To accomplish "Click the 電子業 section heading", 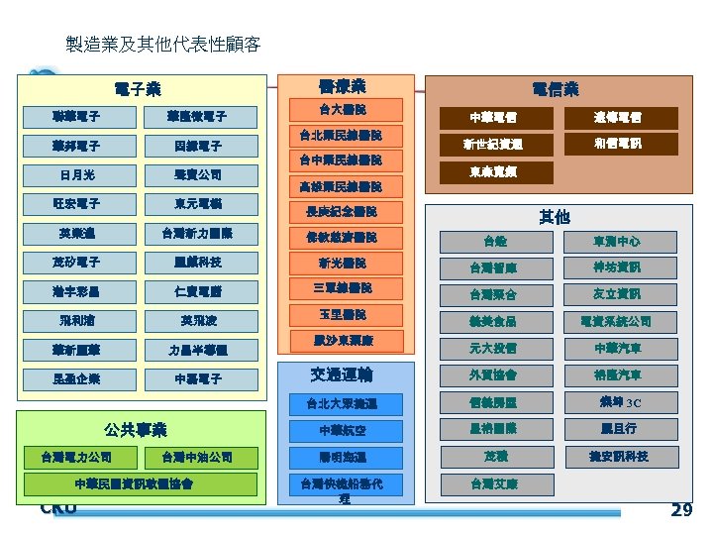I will click(x=138, y=88).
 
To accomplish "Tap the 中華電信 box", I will click(x=493, y=118).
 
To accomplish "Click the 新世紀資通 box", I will click(x=493, y=145).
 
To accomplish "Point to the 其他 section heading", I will click(x=554, y=215).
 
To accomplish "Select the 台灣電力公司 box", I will click(x=76, y=458).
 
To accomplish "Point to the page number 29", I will click(x=681, y=510).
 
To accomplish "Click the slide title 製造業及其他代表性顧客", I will click(x=162, y=45).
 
